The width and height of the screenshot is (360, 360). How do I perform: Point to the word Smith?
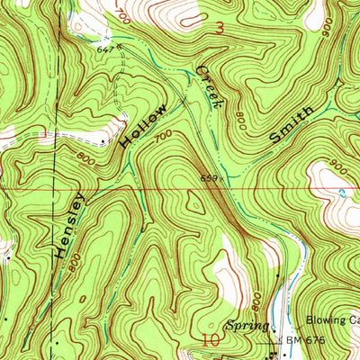(292, 126)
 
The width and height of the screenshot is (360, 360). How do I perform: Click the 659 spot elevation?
(208, 178)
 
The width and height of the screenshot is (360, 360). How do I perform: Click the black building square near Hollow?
(105, 140)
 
